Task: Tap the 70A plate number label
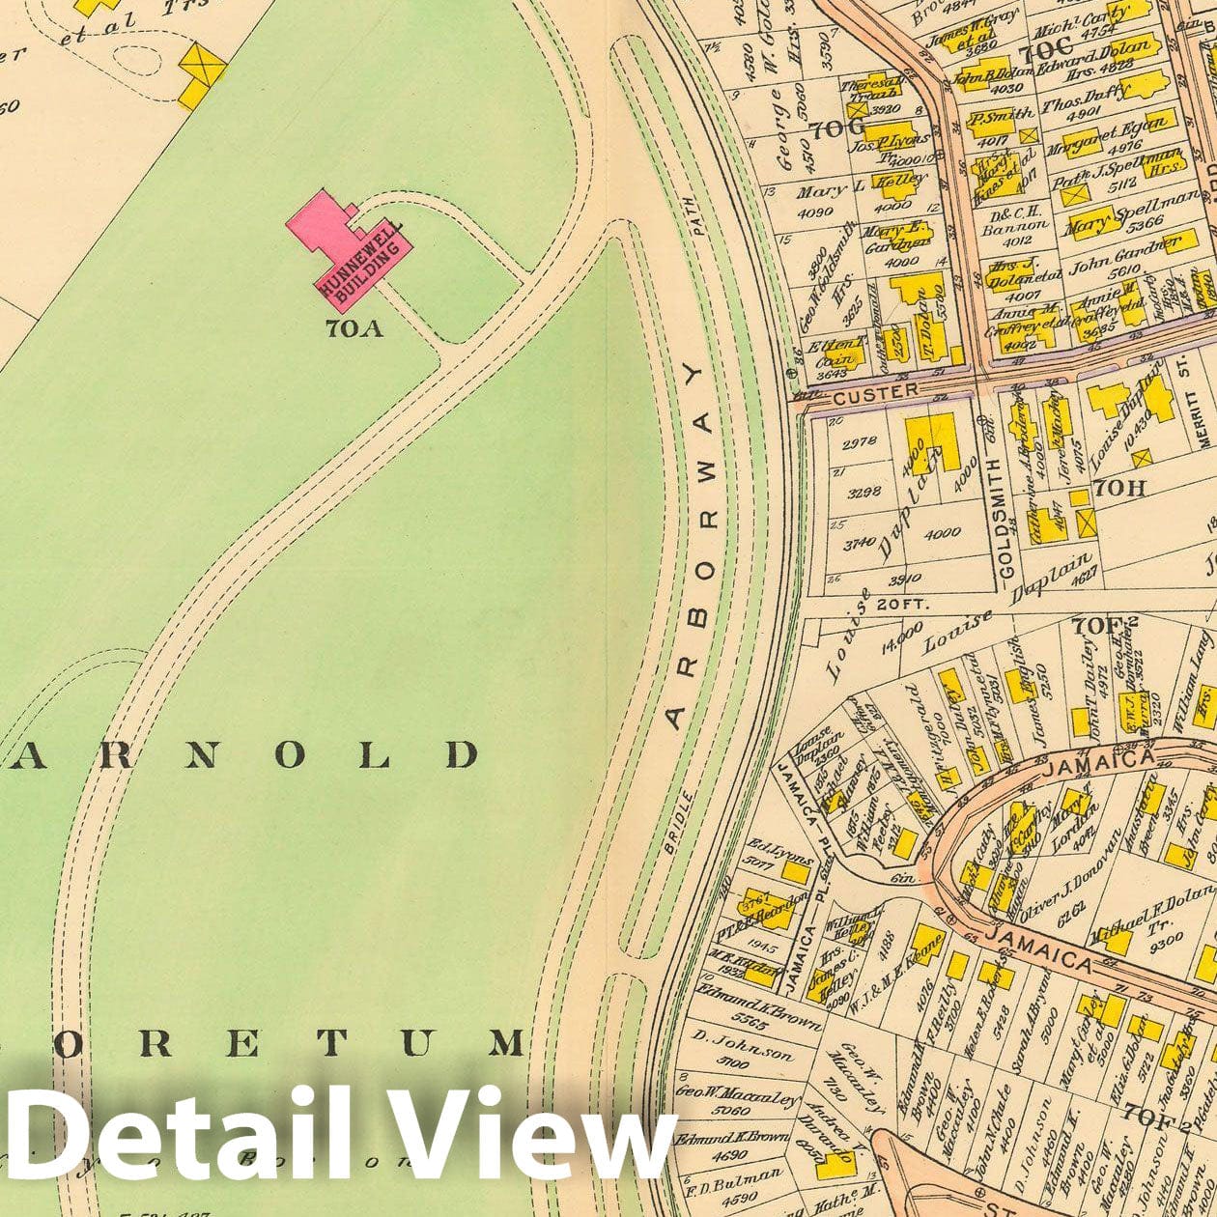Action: [x=354, y=329]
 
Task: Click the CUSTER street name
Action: [x=875, y=392]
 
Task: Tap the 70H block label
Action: [x=1120, y=488]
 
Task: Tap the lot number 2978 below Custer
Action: [x=860, y=442]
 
